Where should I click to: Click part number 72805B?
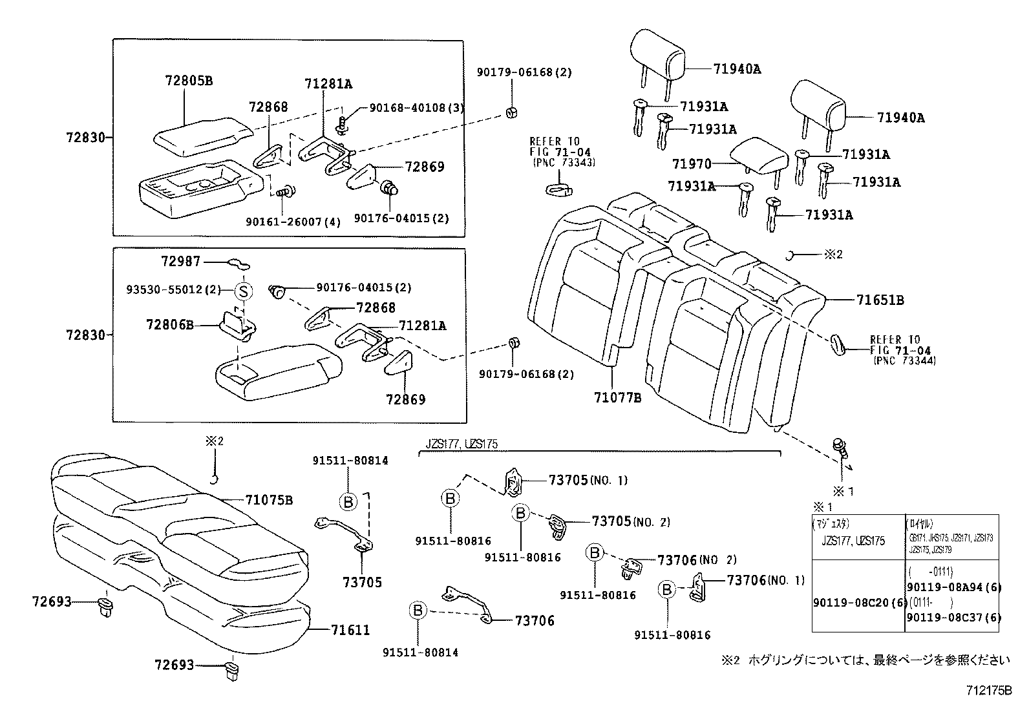point(189,81)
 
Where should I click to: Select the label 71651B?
point(880,300)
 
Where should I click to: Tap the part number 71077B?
point(617,398)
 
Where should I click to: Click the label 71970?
point(692,164)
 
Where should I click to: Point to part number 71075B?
point(269,500)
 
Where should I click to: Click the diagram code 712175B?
point(989,691)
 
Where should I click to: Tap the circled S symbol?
point(243,292)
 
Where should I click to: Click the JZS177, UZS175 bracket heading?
point(461,444)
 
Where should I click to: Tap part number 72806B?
point(171,325)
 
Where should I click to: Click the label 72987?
point(181,261)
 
